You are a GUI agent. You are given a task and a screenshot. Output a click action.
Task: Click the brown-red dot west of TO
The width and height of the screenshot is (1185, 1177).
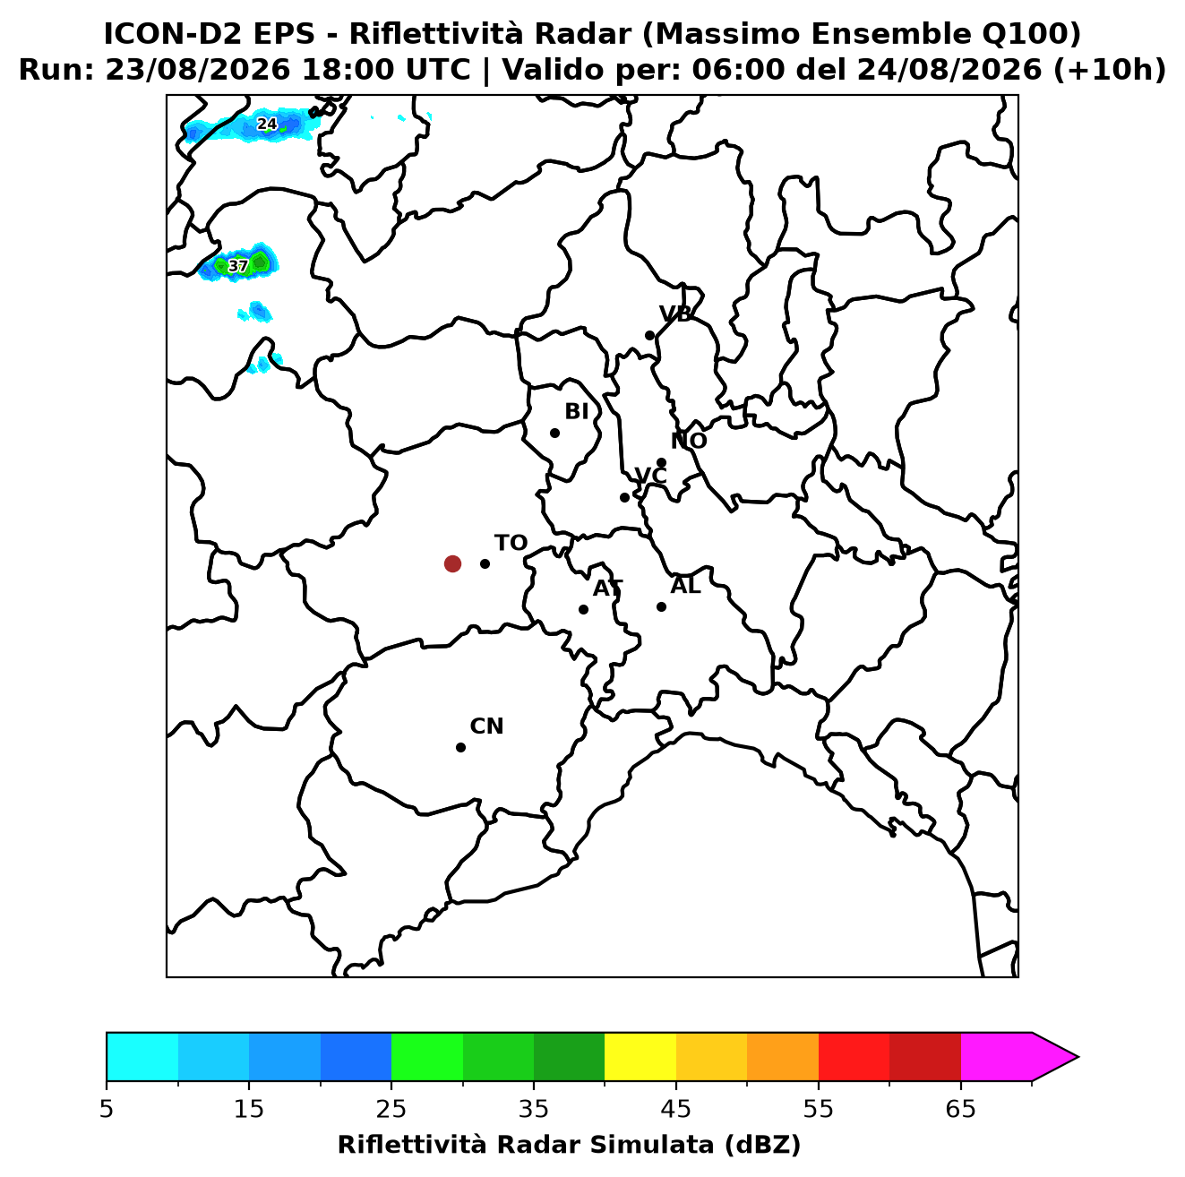(452, 563)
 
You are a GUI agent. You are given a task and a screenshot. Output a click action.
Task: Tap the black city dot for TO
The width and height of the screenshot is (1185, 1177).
(485, 563)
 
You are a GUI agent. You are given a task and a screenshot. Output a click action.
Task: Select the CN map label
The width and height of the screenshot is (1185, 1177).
(486, 726)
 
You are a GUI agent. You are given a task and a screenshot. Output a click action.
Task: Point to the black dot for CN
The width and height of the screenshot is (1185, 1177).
(460, 748)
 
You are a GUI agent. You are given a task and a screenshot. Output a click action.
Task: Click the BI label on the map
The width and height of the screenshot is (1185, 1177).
(576, 412)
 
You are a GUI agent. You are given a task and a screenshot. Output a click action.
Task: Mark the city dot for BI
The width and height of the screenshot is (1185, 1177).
(554, 434)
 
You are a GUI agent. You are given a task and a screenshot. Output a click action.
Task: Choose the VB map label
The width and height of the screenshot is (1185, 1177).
(675, 314)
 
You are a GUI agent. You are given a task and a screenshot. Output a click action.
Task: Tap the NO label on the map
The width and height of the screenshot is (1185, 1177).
(689, 441)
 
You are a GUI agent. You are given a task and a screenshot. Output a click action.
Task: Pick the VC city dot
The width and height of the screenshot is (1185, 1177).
(625, 497)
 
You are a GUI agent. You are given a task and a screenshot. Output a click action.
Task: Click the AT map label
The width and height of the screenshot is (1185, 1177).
(607, 588)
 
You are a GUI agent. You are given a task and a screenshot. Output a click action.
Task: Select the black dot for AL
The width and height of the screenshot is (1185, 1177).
(661, 606)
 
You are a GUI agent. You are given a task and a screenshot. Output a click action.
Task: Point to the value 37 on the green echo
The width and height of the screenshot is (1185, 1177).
(237, 266)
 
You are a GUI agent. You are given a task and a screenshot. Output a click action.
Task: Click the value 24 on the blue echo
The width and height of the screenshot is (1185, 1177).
(266, 125)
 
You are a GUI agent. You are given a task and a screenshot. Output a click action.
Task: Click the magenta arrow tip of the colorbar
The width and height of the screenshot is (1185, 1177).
(1078, 1058)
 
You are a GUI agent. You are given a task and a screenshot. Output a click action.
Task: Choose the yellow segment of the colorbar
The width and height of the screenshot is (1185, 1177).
(640, 1058)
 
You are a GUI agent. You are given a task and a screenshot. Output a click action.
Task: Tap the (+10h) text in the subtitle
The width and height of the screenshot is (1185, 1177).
(1110, 70)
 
